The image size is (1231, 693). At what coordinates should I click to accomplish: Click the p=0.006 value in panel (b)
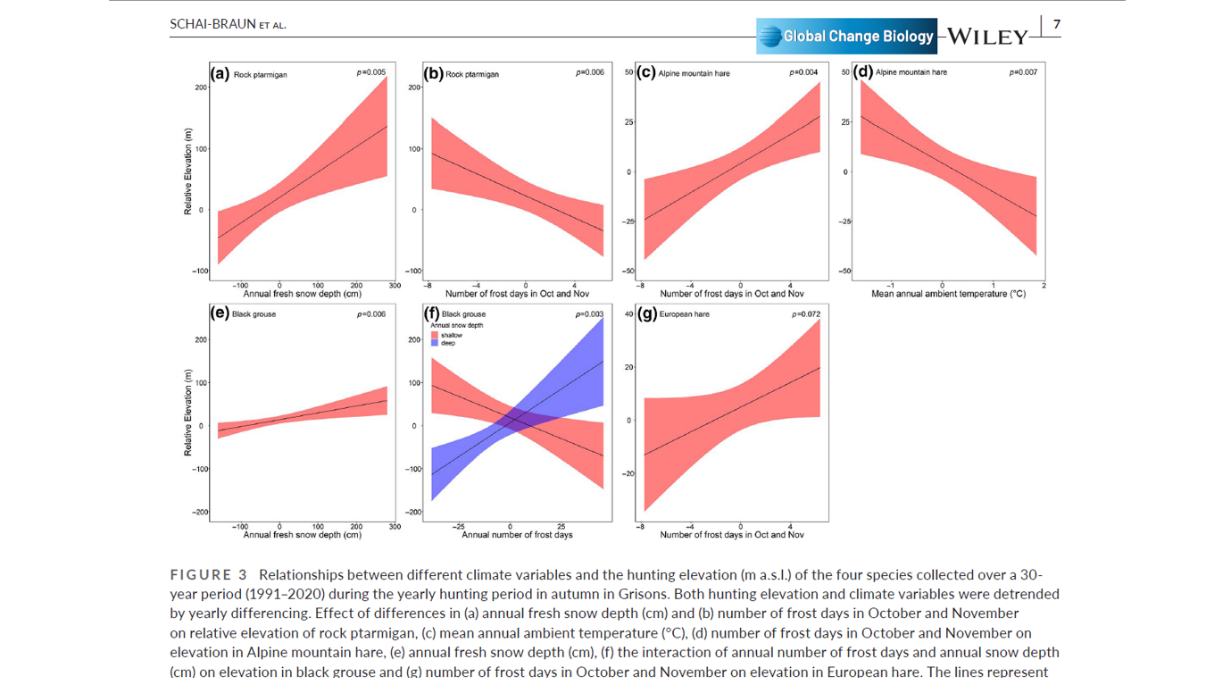point(589,72)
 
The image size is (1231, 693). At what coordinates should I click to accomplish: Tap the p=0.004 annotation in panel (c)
point(803,72)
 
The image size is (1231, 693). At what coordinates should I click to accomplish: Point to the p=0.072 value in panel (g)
point(805,314)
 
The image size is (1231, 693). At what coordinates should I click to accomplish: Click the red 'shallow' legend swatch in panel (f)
point(435,335)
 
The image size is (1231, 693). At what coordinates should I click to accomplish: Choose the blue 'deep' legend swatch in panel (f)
point(435,343)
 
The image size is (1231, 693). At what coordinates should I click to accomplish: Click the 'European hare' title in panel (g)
point(684,314)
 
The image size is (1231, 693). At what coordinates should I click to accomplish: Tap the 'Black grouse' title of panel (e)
point(254,314)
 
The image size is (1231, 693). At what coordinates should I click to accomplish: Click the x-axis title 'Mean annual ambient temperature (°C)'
point(948,294)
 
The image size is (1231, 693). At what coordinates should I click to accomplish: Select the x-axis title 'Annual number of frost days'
point(517,535)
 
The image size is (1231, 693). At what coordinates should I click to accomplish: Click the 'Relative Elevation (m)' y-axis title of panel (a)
point(188,171)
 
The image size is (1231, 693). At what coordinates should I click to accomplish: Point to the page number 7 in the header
point(1057,24)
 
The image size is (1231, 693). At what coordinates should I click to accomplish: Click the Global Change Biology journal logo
point(846,37)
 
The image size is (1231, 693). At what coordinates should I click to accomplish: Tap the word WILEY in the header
point(987,38)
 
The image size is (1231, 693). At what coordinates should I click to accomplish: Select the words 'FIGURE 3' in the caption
point(208,574)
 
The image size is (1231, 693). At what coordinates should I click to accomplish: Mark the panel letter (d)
point(862,72)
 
